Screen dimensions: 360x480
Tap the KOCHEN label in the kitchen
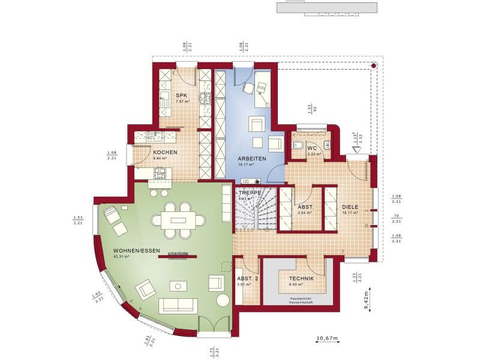click(x=164, y=152)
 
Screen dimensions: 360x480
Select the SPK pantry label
click(x=181, y=95)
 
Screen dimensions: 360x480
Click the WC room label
click(x=311, y=148)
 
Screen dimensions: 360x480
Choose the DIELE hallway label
click(x=350, y=207)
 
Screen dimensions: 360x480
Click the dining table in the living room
click(x=178, y=220)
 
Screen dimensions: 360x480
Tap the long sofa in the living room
click(x=178, y=305)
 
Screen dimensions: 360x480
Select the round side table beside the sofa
click(x=222, y=300)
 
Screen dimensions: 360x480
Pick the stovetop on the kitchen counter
click(x=160, y=174)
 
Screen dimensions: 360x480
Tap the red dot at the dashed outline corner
click(x=374, y=65)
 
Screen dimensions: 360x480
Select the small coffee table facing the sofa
click(x=178, y=285)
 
